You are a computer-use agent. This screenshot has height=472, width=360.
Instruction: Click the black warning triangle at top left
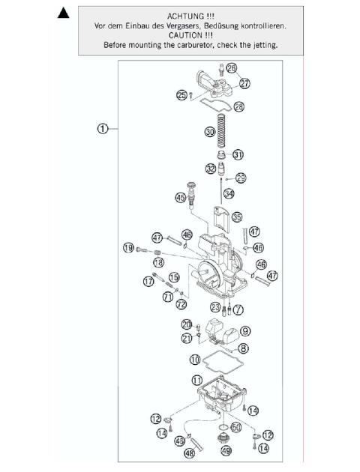tap(64, 13)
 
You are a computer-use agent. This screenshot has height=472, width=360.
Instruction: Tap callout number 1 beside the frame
tap(104, 128)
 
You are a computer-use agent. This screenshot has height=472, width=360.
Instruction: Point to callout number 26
tap(232, 69)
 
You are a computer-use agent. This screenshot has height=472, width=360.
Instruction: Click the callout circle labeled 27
tap(244, 84)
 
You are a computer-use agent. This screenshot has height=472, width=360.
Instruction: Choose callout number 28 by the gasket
tap(238, 107)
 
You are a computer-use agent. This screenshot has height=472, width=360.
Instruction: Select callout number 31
tap(238, 155)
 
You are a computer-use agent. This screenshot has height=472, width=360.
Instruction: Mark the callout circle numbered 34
tap(228, 194)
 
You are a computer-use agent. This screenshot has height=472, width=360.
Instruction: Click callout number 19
tap(128, 248)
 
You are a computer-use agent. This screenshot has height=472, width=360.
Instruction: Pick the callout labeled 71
tap(167, 297)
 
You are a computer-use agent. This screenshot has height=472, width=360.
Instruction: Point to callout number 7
tap(238, 308)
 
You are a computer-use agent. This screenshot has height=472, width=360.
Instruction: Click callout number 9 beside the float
tap(245, 331)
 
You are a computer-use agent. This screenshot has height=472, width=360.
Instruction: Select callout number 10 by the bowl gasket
tap(194, 359)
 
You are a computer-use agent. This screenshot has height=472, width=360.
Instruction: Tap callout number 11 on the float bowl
tap(197, 381)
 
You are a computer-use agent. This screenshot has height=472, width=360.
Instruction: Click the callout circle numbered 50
tap(236, 427)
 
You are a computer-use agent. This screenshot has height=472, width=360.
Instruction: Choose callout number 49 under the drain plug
tap(226, 451)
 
